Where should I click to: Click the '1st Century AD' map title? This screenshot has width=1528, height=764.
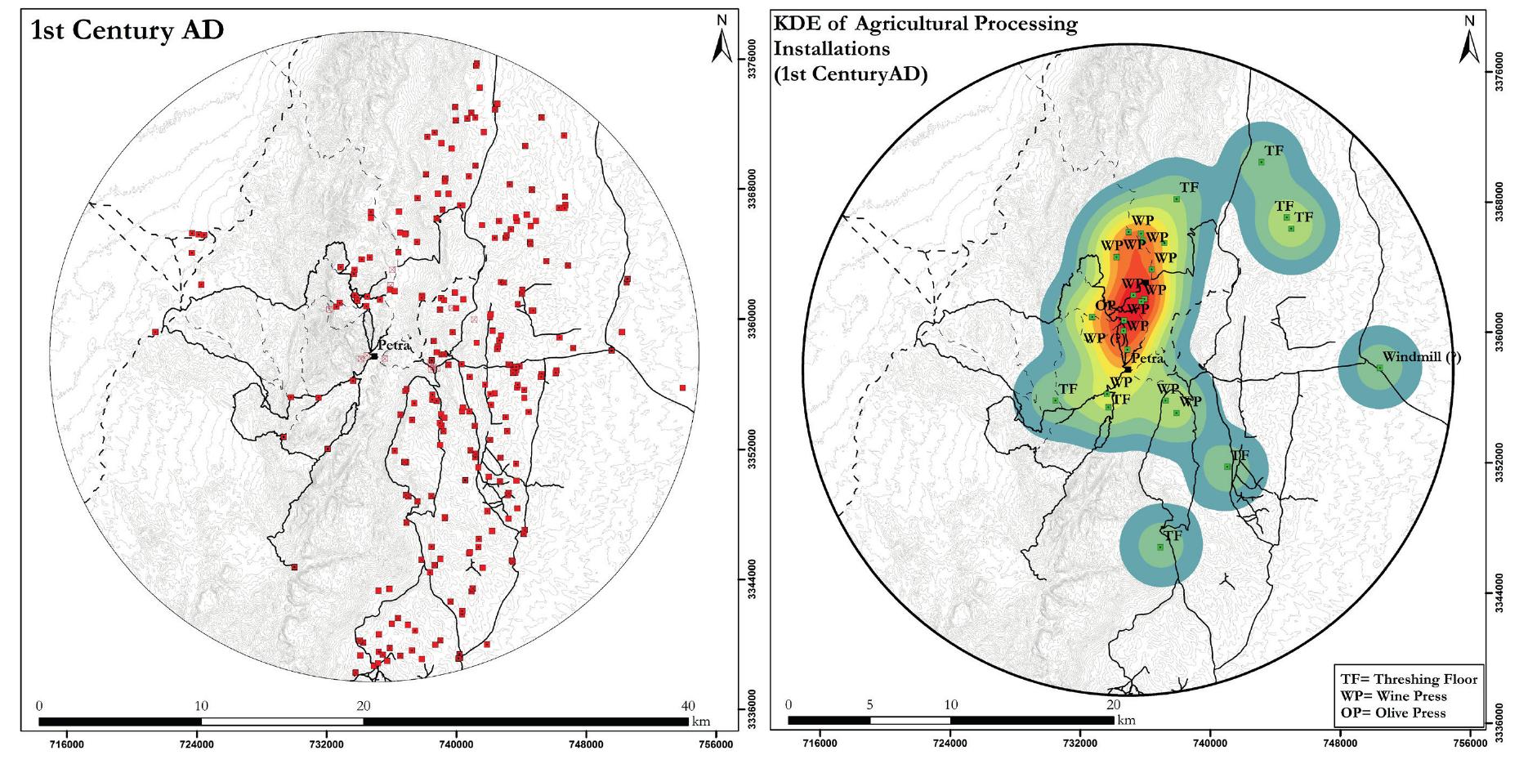coord(127,31)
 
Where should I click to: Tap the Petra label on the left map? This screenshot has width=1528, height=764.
coord(393,345)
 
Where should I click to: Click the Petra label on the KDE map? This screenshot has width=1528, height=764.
coord(1147,359)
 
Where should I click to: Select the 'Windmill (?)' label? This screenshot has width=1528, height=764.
coord(1422,357)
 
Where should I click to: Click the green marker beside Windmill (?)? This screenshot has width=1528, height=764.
coord(1379,368)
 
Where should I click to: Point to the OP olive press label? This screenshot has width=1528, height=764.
coord(1105,305)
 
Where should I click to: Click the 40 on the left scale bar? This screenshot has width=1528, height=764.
coord(688,705)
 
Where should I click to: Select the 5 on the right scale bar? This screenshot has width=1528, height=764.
coord(869,705)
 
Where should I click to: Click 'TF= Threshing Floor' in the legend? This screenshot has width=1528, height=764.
coord(1409,679)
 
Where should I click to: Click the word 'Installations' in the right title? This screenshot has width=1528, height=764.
coord(831,49)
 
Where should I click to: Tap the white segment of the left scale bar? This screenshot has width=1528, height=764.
coord(282,722)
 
